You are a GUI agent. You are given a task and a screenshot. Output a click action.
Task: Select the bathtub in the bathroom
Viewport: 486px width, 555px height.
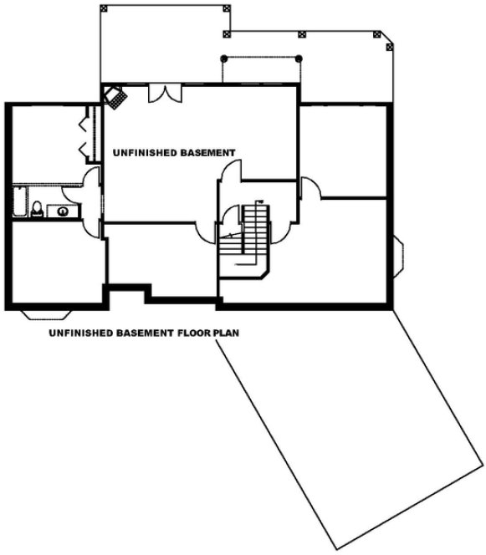[18, 203]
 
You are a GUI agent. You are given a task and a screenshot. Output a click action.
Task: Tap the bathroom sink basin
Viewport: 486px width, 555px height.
[64, 210]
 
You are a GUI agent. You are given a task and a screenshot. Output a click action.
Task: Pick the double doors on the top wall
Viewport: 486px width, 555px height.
[162, 94]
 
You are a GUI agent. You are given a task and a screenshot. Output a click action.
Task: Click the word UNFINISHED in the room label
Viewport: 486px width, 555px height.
[144, 153]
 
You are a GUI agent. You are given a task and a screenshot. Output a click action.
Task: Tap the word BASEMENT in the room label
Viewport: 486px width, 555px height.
[207, 153]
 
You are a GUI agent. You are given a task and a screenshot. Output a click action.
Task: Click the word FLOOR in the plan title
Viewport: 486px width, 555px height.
[193, 332]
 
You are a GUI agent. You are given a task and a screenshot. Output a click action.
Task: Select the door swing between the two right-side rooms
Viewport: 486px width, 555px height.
[310, 188]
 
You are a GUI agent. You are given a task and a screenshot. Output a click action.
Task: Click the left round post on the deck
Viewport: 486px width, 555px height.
[223, 59]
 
